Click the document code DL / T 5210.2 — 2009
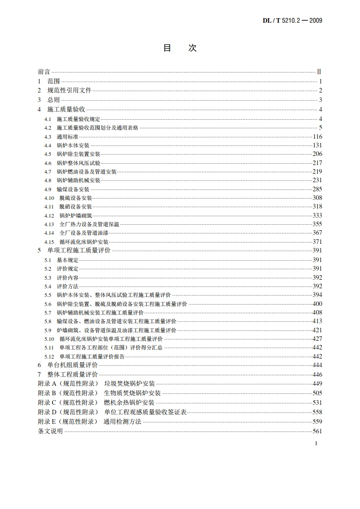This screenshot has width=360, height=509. tap(292, 20)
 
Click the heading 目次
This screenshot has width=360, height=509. tap(180, 48)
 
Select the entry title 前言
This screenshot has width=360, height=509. tap(44, 72)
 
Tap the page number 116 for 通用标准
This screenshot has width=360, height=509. tap(317, 136)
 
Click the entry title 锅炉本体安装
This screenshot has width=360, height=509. tap(73, 145)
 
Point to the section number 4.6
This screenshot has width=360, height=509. tap(48, 163)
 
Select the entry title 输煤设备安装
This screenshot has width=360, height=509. tap(73, 189)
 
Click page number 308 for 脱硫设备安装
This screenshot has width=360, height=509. tap(317, 198)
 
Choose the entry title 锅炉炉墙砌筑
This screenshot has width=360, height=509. tap(76, 215)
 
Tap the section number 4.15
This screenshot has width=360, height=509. tap(49, 242)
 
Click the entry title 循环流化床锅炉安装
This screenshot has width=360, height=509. tap(84, 242)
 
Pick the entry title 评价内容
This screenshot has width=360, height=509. tap(68, 277)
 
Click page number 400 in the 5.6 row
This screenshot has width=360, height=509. tap(317, 304)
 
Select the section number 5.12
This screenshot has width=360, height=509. tap(49, 356)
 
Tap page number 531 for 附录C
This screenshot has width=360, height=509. tap(317, 402)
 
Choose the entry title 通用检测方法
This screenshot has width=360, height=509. tap(122, 422)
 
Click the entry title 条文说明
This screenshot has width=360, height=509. tap(50, 431)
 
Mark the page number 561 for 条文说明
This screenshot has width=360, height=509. tap(317, 431)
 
